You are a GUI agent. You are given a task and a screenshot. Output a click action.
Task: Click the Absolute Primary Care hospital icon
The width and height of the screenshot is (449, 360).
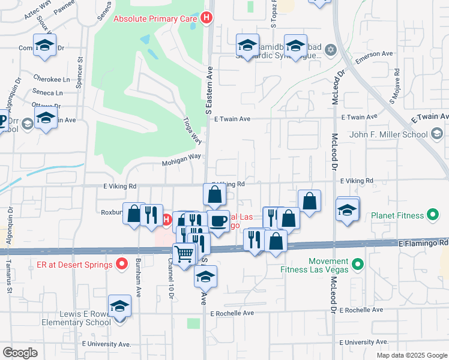[207, 18]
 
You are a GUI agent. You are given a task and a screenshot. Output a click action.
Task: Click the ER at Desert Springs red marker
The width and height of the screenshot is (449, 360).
[122, 264]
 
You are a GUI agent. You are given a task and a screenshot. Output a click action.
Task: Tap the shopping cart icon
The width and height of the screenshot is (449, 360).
[184, 254]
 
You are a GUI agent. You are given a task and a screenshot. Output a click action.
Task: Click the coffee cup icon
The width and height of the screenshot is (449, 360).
[218, 221]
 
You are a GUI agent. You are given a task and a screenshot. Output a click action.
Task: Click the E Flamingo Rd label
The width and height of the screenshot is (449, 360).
[423, 243]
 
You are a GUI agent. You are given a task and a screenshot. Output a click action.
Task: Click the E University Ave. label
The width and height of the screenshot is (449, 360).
[106, 344]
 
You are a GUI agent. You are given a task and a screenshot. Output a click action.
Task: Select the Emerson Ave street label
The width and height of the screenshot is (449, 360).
[374, 54]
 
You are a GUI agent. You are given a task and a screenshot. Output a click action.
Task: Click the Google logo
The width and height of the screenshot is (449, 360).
[20, 353]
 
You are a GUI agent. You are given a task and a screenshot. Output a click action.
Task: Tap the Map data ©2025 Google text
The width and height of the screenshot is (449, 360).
[411, 355]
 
